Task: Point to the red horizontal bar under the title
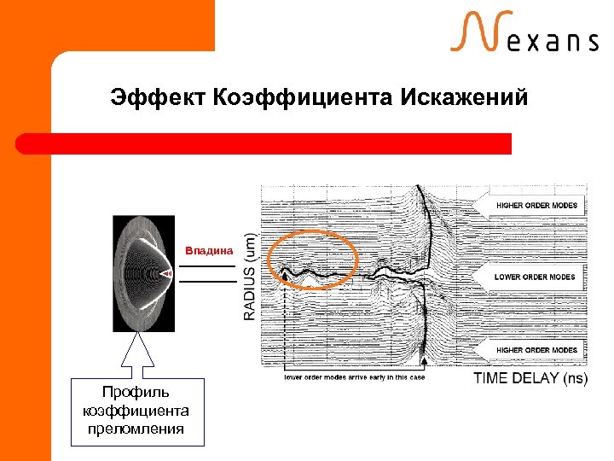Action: pyautogui.click(x=264, y=143)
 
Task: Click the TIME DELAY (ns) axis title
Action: pyautogui.click(x=530, y=378)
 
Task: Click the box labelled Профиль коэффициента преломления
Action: pyautogui.click(x=138, y=411)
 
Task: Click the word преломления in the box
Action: pyautogui.click(x=138, y=429)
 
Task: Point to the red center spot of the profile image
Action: pyautogui.click(x=167, y=273)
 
